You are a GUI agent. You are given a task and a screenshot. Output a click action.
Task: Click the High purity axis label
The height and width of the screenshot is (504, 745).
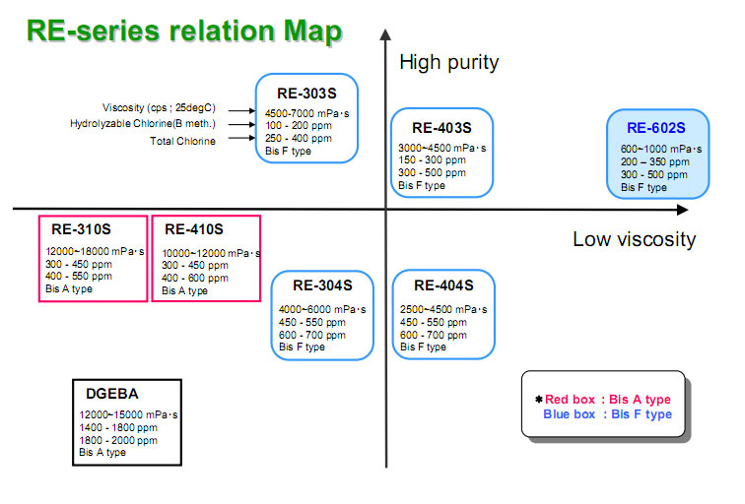448,63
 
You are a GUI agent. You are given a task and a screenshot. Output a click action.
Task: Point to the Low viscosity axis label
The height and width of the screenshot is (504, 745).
634,239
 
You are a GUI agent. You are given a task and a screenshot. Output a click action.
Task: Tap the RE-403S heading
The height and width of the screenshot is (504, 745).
441,128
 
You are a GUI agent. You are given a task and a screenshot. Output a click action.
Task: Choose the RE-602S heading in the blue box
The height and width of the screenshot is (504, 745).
655,127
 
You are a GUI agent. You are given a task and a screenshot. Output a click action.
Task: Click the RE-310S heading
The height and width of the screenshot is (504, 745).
82,229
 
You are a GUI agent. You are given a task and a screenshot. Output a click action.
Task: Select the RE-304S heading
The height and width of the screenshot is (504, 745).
321,286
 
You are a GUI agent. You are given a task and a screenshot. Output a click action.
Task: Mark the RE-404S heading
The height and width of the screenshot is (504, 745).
442,286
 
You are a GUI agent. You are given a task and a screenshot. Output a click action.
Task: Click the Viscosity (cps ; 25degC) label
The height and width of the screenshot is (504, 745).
159,107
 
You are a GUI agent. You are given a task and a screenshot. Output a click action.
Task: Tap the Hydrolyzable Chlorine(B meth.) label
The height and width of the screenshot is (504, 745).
143,123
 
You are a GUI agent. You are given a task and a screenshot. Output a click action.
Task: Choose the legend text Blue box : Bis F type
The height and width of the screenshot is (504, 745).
607,414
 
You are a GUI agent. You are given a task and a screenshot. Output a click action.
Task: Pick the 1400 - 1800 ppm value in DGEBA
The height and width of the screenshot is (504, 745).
119,428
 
